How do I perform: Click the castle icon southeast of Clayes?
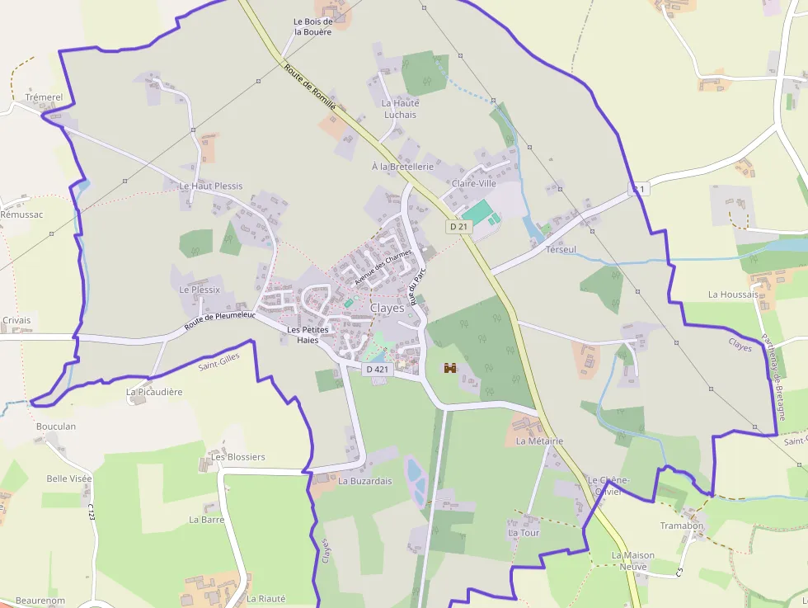click(450, 368)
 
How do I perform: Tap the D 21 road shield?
click(459, 226)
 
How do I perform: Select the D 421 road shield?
click(376, 370)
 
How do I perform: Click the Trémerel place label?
click(45, 97)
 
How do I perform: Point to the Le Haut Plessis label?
click(211, 186)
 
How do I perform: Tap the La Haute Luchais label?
click(401, 109)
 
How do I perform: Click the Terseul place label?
click(561, 249)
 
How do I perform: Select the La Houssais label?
click(733, 295)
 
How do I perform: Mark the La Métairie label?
click(539, 441)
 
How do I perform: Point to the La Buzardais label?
click(365, 481)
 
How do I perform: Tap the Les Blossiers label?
click(238, 457)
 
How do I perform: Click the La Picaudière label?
click(154, 392)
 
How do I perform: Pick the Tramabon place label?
click(682, 526)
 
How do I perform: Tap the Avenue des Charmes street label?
click(383, 267)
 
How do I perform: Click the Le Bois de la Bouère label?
click(313, 26)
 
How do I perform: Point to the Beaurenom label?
click(40, 601)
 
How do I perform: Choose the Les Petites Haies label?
click(308, 335)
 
